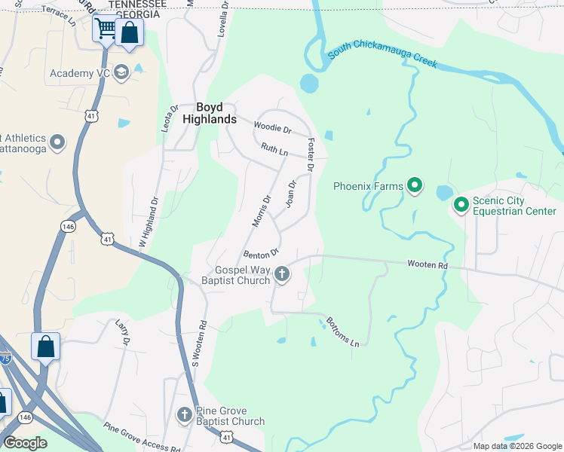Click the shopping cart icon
tap(106, 29)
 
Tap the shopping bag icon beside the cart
tap(130, 33)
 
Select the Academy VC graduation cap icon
tap(121, 73)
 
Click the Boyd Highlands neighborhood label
tap(216, 113)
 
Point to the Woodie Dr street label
tap(272, 127)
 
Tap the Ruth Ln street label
tap(274, 151)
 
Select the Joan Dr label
tap(291, 194)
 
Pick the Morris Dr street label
tap(260, 210)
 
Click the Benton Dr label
tap(262, 252)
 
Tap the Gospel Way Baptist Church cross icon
tap(282, 274)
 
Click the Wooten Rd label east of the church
tap(428, 265)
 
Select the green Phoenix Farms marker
tap(414, 185)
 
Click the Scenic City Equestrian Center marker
tap(461, 204)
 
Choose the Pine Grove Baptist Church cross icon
tap(185, 415)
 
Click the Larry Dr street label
tap(124, 332)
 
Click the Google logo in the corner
tap(25, 443)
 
